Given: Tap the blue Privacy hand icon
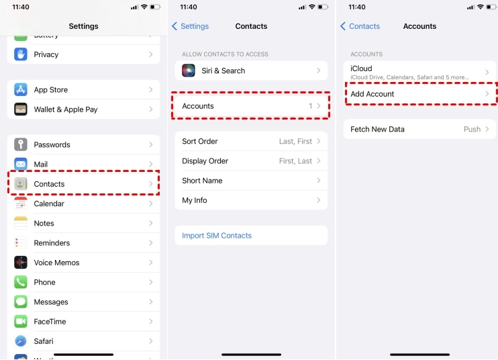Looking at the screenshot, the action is (21, 54).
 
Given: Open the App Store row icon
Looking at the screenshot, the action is (21, 89).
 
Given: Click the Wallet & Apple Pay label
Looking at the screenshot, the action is (66, 109).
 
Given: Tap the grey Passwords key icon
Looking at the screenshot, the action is (21, 144).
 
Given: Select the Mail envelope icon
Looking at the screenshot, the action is (21, 164).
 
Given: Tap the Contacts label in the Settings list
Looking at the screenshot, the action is (49, 184).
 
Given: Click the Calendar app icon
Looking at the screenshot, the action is (21, 204).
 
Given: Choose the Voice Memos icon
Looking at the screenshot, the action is (21, 263).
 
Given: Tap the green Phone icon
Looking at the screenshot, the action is (21, 282).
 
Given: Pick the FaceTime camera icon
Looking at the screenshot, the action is (21, 322).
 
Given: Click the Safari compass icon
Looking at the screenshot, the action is (21, 341).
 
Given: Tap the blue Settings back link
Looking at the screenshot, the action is (190, 26).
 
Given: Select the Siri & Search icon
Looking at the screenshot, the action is (189, 71).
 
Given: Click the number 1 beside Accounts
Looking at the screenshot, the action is (310, 106).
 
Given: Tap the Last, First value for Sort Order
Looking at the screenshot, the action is (295, 142).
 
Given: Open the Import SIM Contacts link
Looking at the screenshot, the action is (217, 236).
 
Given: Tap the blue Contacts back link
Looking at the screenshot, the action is (360, 26).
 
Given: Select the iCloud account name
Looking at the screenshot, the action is (361, 69).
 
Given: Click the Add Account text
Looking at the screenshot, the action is (372, 94).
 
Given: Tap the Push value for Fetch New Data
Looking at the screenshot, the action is (472, 130).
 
